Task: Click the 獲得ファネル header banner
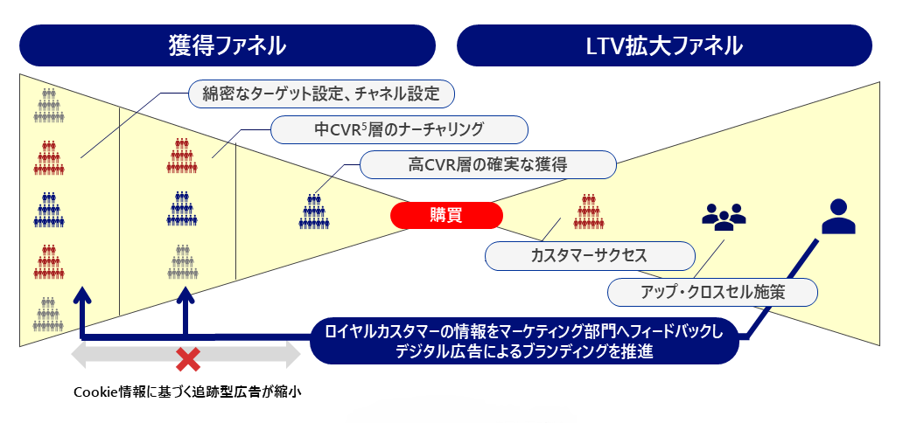227,45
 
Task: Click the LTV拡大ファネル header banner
665,45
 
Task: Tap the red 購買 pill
446,216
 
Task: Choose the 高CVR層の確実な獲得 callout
488,164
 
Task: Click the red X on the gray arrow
186,357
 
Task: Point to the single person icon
838,217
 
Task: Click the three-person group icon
724,215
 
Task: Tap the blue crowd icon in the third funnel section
313,212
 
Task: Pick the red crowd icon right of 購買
589,211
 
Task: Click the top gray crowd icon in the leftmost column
49,107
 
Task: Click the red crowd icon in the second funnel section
182,156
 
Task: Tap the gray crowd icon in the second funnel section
182,260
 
